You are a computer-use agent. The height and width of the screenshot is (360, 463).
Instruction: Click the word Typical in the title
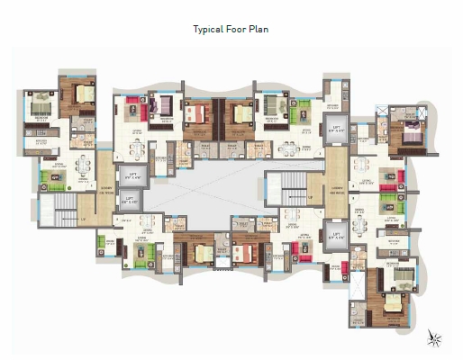(x=205, y=30)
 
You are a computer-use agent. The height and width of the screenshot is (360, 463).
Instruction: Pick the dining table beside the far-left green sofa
(x=83, y=166)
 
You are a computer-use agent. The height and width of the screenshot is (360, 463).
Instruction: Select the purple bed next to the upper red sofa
(x=166, y=108)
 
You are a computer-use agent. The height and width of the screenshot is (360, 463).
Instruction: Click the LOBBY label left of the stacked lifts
(x=106, y=189)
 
